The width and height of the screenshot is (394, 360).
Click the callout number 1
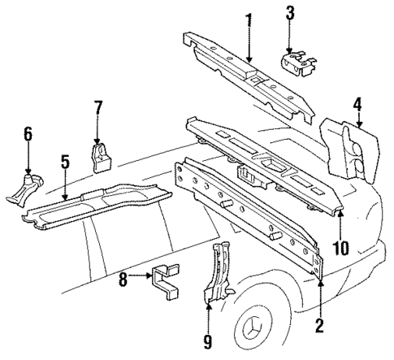[250, 19]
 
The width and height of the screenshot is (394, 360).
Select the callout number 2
[319, 325]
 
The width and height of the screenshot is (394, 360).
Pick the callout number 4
[357, 103]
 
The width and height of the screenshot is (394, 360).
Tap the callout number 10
[340, 245]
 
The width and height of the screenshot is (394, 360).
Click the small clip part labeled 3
[297, 63]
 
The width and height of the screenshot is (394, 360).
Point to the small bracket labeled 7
[102, 158]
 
